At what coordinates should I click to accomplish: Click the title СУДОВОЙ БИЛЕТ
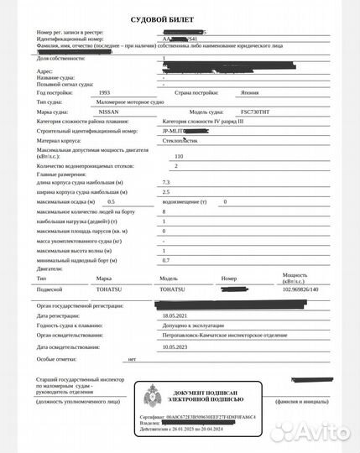(179, 17)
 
